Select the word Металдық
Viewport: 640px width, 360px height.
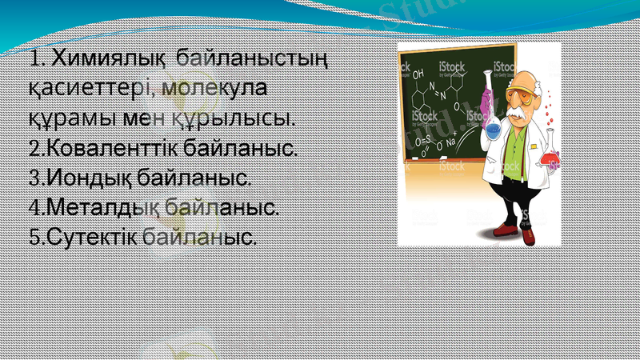click(x=99, y=207)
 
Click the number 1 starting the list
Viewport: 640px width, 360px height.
click(x=36, y=59)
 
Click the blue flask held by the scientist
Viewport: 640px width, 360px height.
click(x=493, y=124)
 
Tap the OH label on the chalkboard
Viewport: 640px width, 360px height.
click(x=418, y=73)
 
